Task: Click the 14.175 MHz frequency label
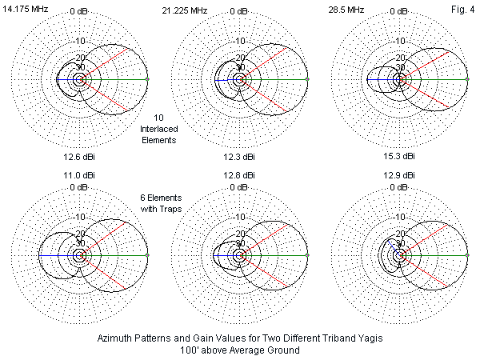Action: (x=25, y=10)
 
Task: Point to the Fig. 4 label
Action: (x=461, y=10)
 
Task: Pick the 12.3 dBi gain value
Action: (x=238, y=156)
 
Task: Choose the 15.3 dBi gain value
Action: (x=398, y=156)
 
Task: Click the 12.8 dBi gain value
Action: (x=238, y=174)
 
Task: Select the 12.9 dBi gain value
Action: (x=398, y=174)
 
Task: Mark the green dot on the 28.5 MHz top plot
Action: (x=467, y=79)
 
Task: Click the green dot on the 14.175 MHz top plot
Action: (x=147, y=79)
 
